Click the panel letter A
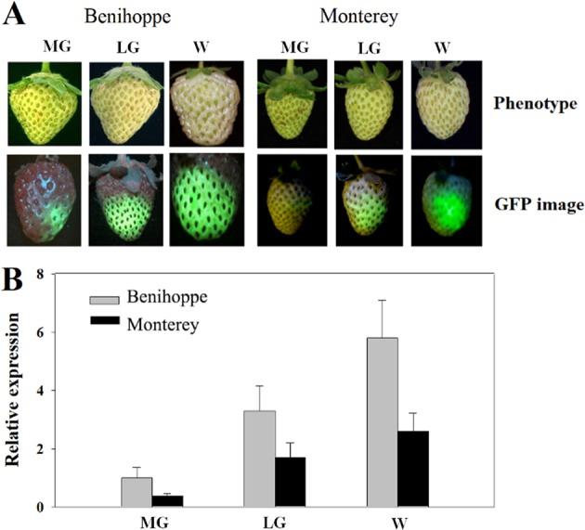pos(18,16)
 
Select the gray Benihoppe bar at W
pos(383,422)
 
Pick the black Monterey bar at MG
pos(168,501)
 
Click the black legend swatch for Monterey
pos(108,326)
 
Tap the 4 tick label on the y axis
pos(65,391)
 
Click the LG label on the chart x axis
pos(275,520)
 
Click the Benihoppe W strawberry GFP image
pos(206,200)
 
